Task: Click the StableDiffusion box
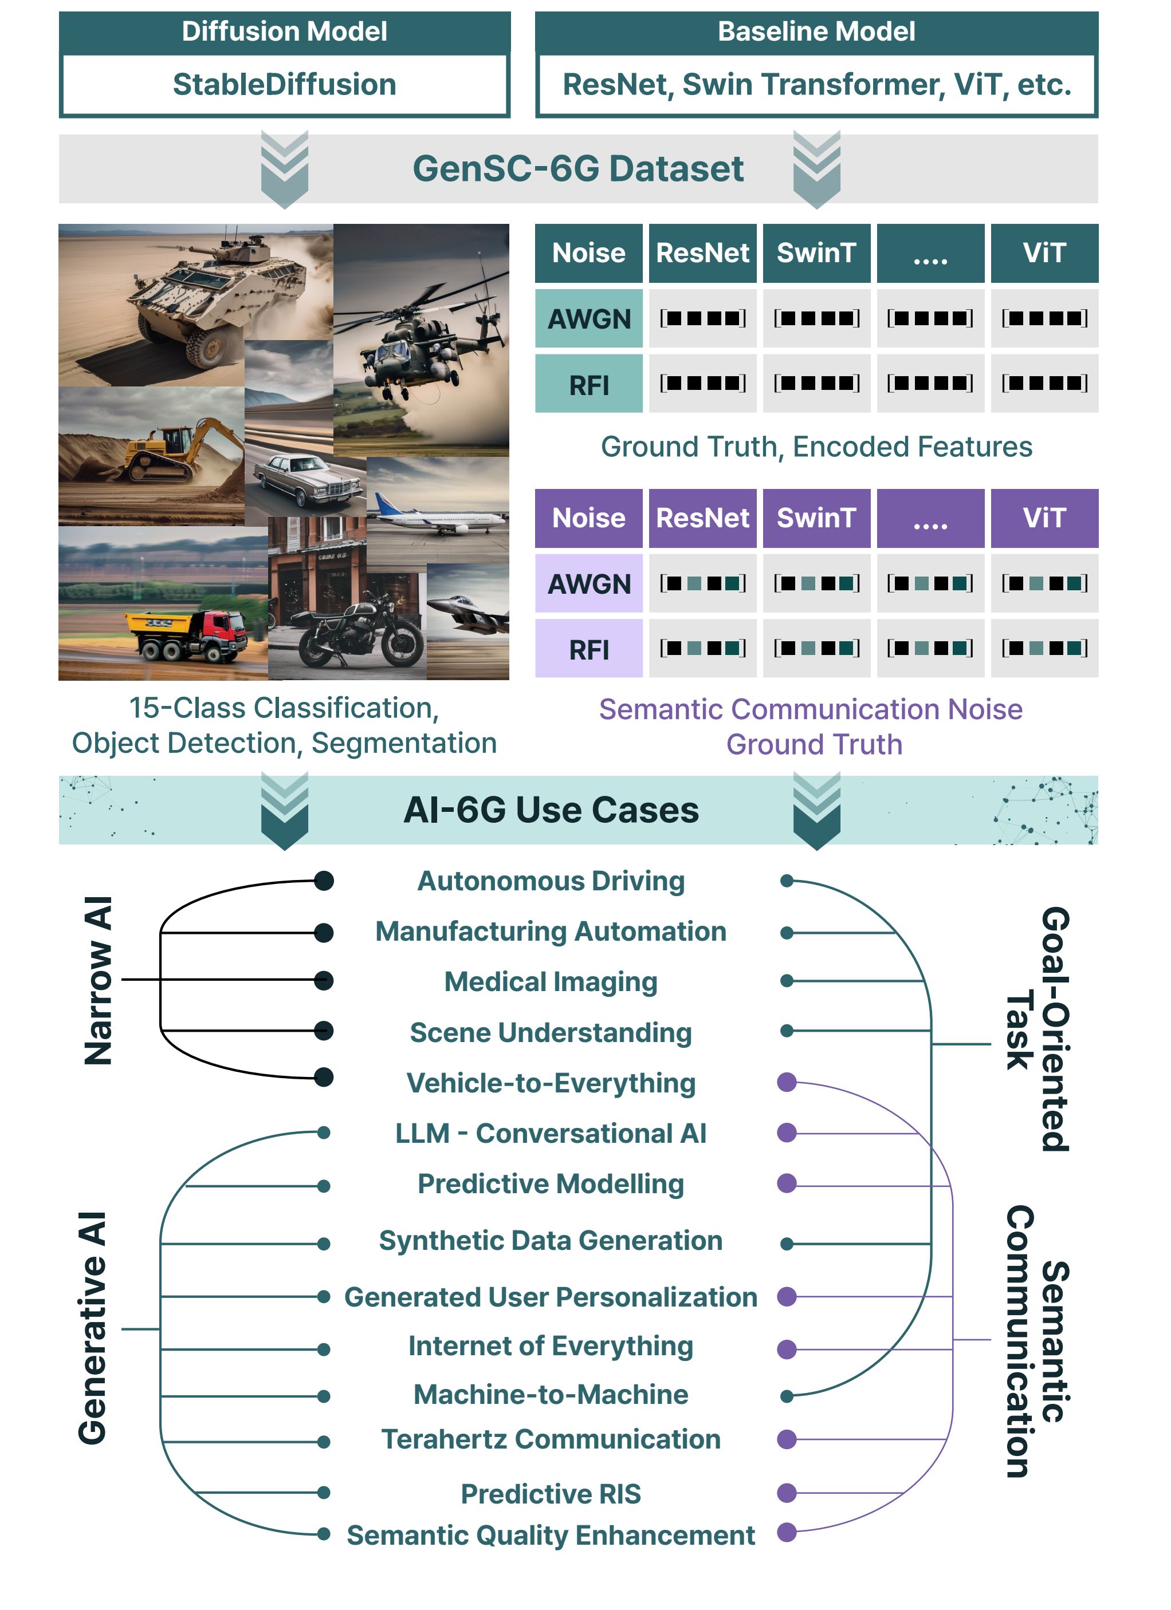click(284, 85)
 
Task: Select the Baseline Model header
click(816, 32)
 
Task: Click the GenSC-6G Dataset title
click(578, 169)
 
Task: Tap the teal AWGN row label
click(589, 319)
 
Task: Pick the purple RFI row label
click(589, 649)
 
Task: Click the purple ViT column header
click(1044, 518)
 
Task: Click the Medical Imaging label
click(551, 982)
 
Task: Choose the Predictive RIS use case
click(551, 1494)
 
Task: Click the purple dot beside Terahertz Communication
click(786, 1439)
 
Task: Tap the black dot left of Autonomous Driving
click(324, 881)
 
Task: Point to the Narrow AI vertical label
click(98, 980)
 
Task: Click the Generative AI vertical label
click(92, 1328)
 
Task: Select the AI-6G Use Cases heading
click(551, 810)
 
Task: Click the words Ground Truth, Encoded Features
click(816, 447)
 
